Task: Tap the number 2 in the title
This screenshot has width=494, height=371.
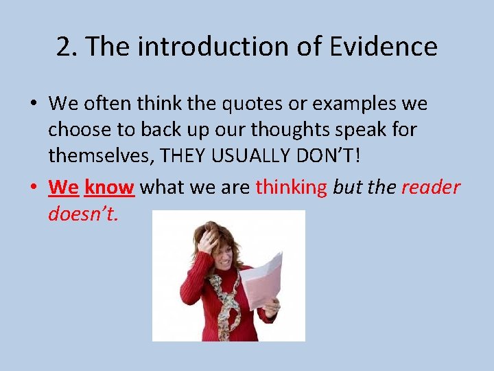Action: click(64, 47)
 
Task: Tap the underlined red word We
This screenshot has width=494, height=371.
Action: click(64, 187)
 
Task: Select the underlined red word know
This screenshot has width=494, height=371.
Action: click(109, 187)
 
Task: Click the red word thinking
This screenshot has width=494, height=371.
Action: click(292, 187)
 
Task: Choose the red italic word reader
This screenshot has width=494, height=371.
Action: click(431, 187)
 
